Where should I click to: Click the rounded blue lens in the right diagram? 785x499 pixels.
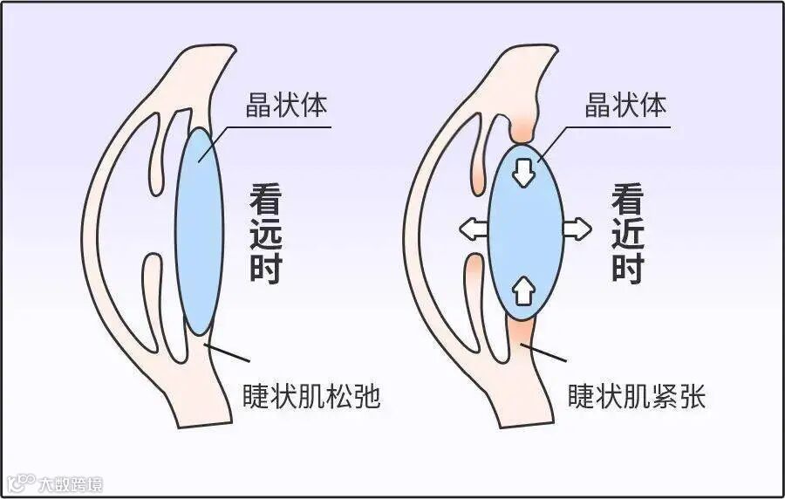coord(523,231)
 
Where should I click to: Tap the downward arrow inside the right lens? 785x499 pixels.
coord(523,171)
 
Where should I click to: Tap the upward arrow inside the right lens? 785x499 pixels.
coord(523,289)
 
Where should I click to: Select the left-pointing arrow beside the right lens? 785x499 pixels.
coord(473,229)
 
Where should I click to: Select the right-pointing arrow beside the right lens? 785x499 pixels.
coord(576,229)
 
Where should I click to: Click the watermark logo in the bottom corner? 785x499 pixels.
coord(54,482)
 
